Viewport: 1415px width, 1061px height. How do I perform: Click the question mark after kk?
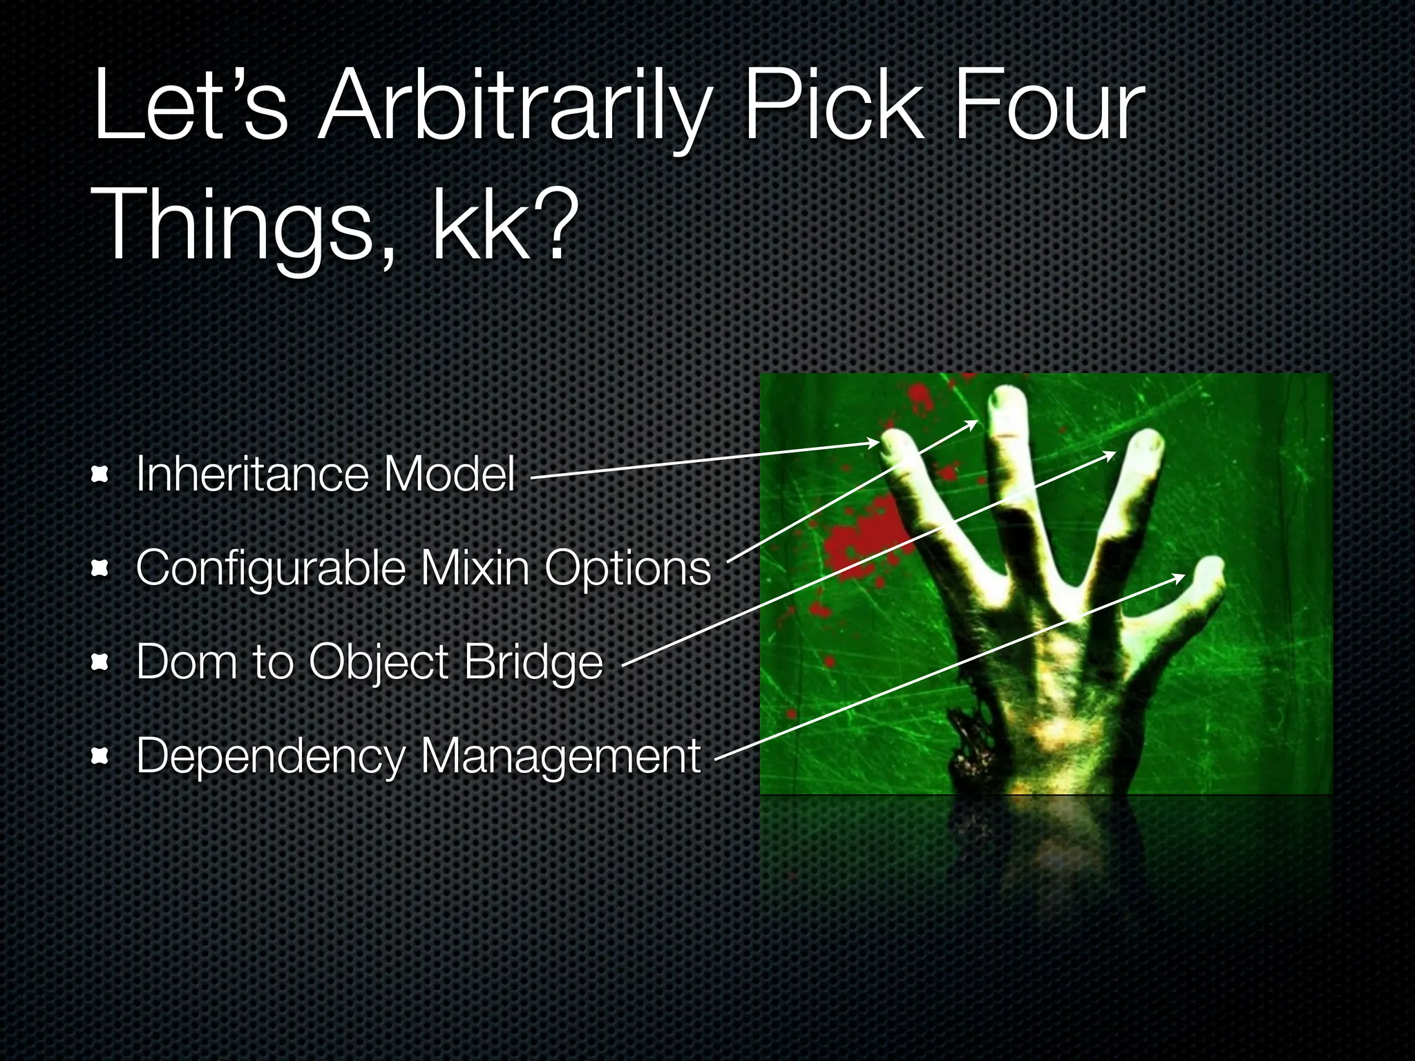(553, 222)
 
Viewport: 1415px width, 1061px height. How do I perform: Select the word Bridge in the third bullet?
(533, 661)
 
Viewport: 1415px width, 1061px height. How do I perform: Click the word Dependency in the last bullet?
(270, 756)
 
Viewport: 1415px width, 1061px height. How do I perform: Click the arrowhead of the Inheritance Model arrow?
(875, 443)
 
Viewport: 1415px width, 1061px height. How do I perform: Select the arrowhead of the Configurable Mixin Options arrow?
(974, 423)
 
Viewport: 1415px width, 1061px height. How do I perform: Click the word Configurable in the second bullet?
(271, 568)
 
